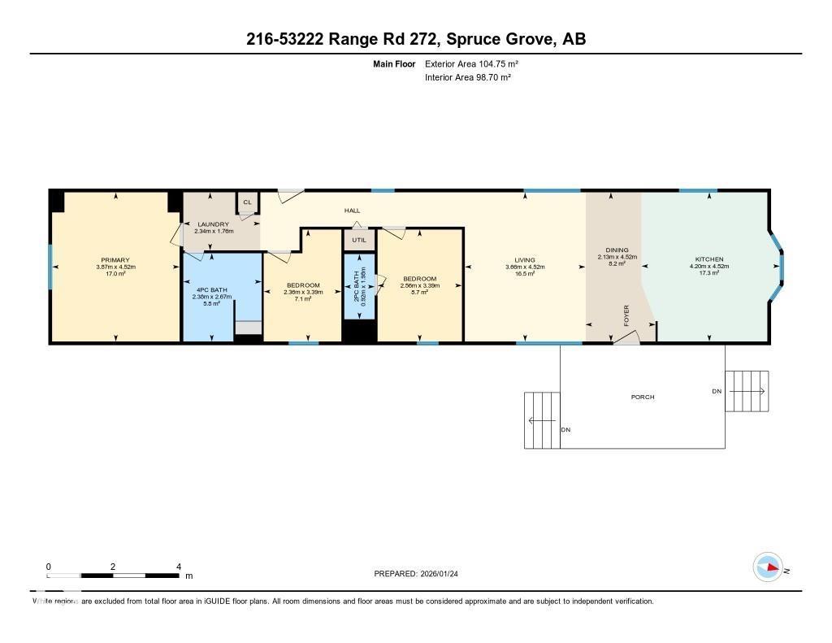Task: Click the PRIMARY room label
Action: coord(115,260)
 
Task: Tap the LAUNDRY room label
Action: coord(212,224)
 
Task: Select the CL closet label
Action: coord(246,202)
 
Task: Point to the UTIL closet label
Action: coord(359,240)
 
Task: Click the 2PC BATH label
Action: coord(359,286)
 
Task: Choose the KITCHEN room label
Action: coord(708,260)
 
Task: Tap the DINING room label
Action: coord(617,250)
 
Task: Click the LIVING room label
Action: coord(525,260)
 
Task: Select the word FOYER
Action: coord(626,315)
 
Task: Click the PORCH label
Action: coord(643,397)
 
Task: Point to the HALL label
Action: coord(352,211)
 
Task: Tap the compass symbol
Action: coord(768,567)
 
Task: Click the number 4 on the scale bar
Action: coord(178,567)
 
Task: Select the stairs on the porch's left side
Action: coord(542,420)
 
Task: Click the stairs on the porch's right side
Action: coord(746,391)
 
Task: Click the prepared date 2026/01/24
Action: coord(444,574)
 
